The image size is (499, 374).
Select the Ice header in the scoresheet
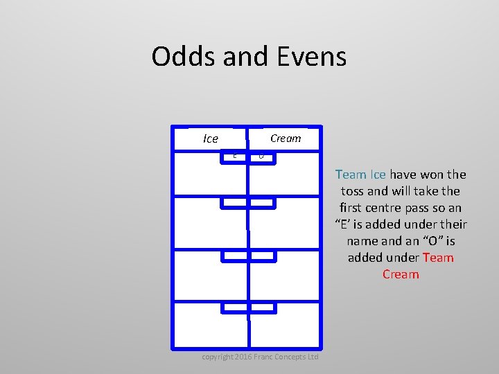pos(211,139)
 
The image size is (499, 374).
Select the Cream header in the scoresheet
pos(286,138)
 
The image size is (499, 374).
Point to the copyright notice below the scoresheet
pos(260,357)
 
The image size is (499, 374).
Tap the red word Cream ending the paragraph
pos(401,274)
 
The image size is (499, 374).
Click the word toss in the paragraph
pos(353,191)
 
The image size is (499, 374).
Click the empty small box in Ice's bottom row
pos(235,307)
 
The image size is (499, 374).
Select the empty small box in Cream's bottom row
pos(262,307)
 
